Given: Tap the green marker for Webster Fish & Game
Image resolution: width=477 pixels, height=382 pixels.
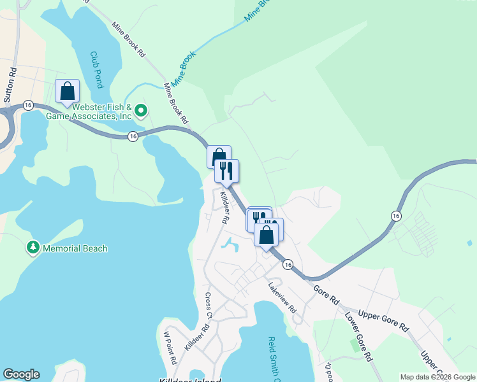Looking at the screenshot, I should pos(142,111).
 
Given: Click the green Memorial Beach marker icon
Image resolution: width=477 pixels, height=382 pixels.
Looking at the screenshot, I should pos(32,247).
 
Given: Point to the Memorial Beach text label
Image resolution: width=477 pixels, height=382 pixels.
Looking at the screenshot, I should pos(75,248).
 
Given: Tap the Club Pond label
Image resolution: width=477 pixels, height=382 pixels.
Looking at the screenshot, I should pos(96,69).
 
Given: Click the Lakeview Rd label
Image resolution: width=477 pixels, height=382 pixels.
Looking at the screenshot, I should pos(283,297).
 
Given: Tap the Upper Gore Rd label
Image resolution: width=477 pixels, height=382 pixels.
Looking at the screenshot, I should pos(383,320).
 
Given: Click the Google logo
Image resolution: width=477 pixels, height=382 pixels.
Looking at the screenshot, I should pos(21,374).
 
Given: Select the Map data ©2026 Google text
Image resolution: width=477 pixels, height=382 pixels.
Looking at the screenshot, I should pos(437,377).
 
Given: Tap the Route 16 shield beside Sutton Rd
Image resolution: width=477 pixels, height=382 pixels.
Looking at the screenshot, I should pos(27,104).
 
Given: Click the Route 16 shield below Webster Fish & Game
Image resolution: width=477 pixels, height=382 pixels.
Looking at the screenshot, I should pos(133,136).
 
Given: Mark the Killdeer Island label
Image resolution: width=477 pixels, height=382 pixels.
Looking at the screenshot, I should pos(190,380).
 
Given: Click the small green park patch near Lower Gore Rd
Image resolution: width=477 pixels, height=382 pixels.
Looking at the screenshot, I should pos(354,344).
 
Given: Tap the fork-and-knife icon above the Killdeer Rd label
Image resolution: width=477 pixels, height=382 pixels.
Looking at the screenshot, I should pos(226,171).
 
